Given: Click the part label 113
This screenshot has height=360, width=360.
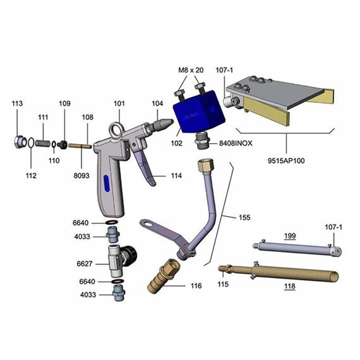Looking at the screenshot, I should pos(17,104).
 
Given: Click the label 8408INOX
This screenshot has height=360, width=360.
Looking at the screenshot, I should pos(235,143).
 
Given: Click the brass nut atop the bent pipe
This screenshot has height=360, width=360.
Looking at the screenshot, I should pos(206,169).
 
